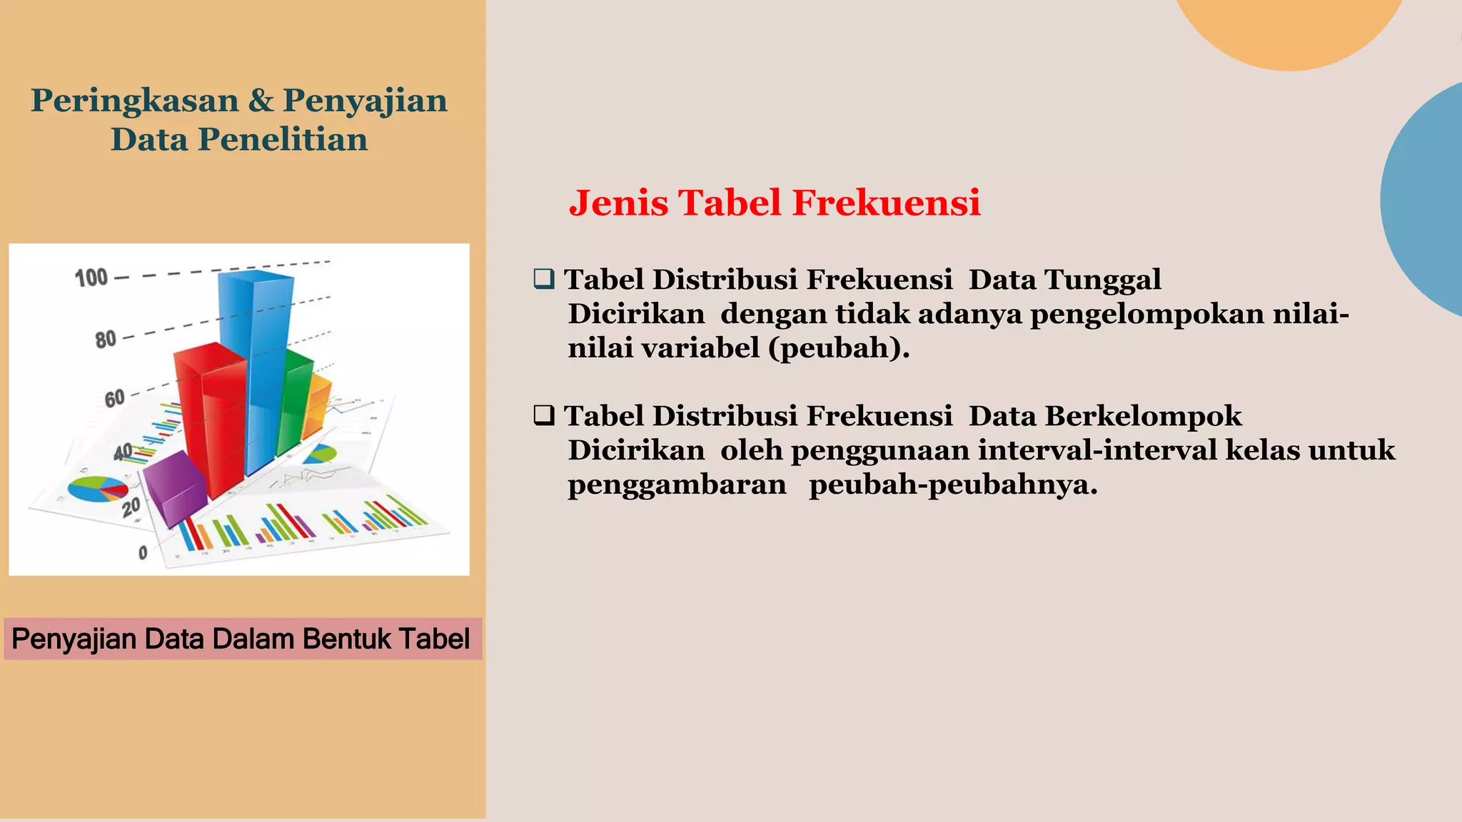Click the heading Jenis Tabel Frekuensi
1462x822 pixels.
pos(775,203)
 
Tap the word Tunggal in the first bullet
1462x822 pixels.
pos(1103,280)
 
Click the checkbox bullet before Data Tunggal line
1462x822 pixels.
pos(544,279)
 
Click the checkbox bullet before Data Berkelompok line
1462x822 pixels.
pos(544,415)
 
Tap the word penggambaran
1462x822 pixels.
pos(677,484)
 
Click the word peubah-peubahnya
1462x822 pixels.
pos(953,484)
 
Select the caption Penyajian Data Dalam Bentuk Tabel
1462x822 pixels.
pos(241,639)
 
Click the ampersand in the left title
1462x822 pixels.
pos(261,101)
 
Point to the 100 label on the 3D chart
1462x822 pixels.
pos(91,278)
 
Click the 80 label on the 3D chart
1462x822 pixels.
pos(106,340)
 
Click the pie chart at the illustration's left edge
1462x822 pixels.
pos(97,489)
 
